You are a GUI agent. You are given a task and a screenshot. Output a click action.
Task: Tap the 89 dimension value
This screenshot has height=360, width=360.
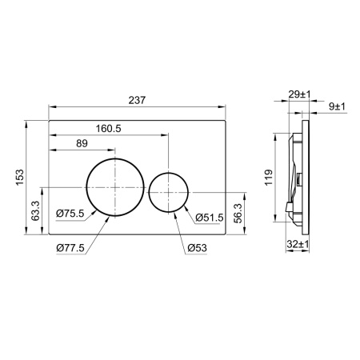pyautogui.click(x=82, y=143)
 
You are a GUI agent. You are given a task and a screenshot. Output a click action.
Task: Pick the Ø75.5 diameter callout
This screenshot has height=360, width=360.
pyautogui.click(x=72, y=213)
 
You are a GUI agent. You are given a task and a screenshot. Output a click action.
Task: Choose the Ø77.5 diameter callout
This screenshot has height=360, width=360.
pyautogui.click(x=72, y=247)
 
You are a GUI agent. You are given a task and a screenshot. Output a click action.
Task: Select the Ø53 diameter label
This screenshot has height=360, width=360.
pyautogui.click(x=198, y=247)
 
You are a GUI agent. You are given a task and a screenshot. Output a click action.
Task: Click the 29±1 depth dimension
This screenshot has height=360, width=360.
pyautogui.click(x=299, y=95)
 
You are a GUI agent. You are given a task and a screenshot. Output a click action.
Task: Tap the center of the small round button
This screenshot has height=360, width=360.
pyautogui.click(x=170, y=192)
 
